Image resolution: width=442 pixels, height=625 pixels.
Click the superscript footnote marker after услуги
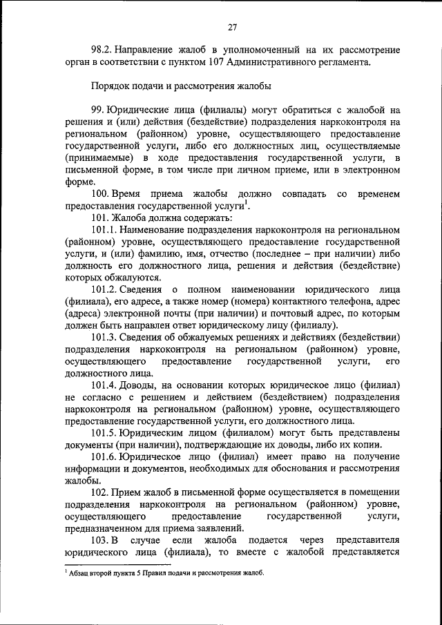click(x=247, y=202)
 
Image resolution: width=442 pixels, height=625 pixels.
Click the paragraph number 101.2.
click(x=103, y=289)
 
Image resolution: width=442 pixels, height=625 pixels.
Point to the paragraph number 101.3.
click(x=103, y=338)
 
